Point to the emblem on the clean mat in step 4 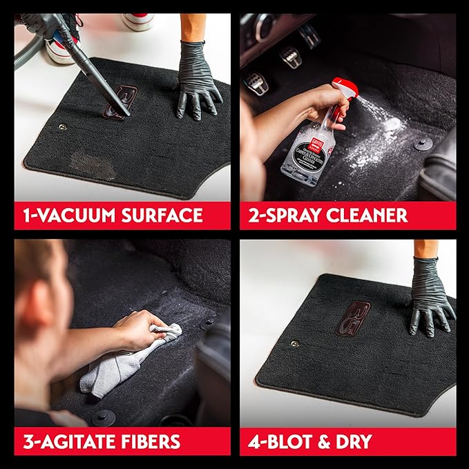coord(353,318)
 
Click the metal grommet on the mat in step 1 coord(63,127)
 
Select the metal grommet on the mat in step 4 coord(295,343)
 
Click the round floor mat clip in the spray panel coord(423,143)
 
